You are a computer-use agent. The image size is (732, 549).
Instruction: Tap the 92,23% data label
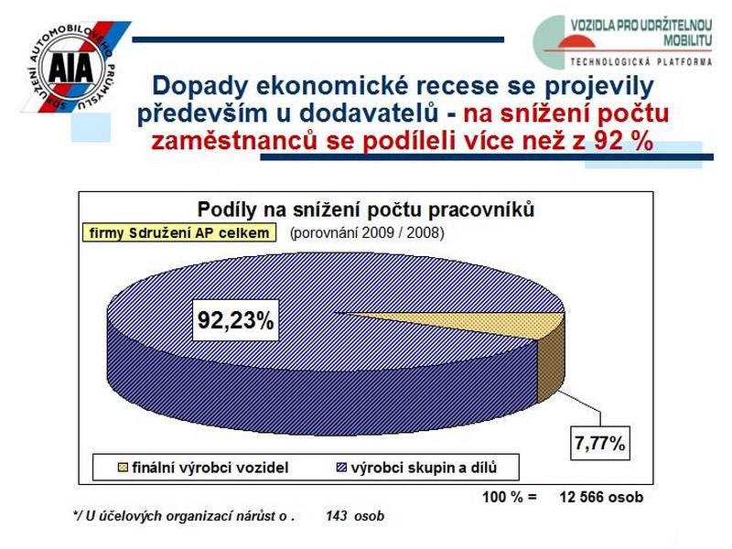pyautogui.click(x=236, y=320)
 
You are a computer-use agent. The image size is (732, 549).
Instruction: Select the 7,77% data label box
pyautogui.click(x=600, y=443)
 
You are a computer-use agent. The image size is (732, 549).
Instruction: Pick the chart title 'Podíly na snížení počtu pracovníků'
pyautogui.click(x=365, y=210)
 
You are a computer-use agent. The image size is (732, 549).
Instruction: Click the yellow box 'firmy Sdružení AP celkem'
pyautogui.click(x=179, y=232)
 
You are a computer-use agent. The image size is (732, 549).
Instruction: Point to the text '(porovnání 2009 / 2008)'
pyautogui.click(x=367, y=232)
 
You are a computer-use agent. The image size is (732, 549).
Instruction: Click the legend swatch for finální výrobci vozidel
pyautogui.click(x=123, y=468)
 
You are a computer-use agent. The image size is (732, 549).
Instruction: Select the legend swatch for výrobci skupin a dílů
pyautogui.click(x=341, y=468)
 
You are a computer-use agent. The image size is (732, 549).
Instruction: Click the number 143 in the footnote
pyautogui.click(x=337, y=515)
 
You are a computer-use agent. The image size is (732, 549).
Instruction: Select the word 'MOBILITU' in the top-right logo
pyautogui.click(x=688, y=40)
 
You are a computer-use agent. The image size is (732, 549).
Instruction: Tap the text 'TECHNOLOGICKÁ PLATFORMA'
pyautogui.click(x=641, y=62)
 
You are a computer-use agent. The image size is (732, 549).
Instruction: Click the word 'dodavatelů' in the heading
pyautogui.click(x=369, y=113)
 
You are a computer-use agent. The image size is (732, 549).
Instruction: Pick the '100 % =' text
pyautogui.click(x=510, y=497)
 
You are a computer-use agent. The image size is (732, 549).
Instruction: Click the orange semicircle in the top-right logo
pyautogui.click(x=576, y=41)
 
